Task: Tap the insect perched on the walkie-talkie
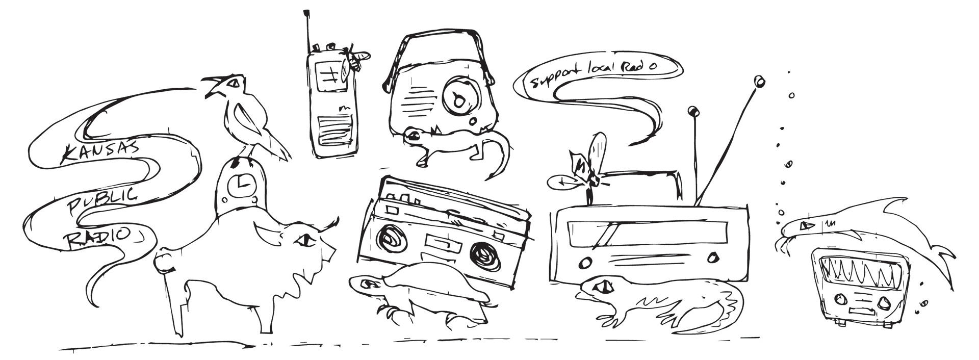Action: click(355, 61)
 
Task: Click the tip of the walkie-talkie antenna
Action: click(306, 11)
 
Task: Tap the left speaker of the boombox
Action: click(392, 239)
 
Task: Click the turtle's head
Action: click(366, 284)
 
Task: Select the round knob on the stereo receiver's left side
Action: click(584, 263)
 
